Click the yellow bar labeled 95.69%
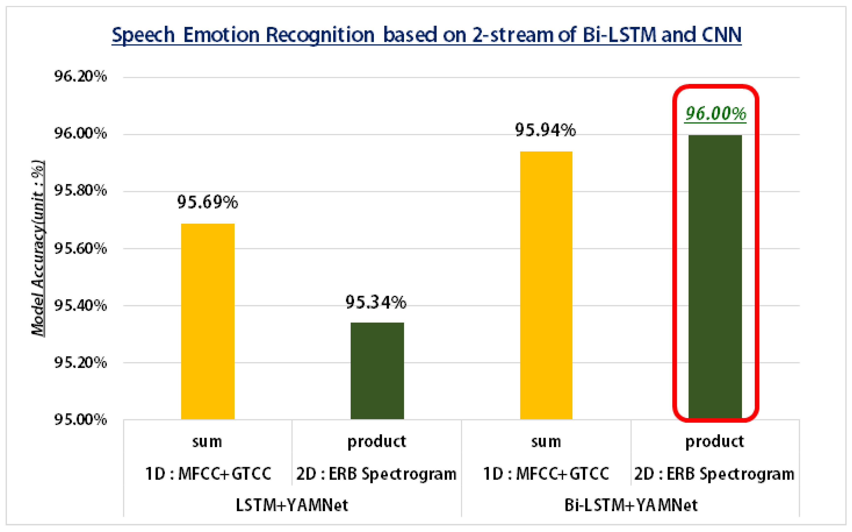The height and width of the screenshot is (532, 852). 208,321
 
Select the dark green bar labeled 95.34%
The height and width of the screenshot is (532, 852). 377,370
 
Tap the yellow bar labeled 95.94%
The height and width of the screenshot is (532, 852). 546,285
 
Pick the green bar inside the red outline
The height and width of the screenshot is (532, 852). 715,277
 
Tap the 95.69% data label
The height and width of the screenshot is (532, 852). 207,202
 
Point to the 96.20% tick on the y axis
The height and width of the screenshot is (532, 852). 80,76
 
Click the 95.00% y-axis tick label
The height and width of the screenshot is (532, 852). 80,419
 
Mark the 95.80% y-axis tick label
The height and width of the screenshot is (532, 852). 80,191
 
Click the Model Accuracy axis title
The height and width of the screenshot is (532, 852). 38,248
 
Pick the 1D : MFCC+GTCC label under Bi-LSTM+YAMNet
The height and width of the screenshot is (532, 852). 546,474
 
